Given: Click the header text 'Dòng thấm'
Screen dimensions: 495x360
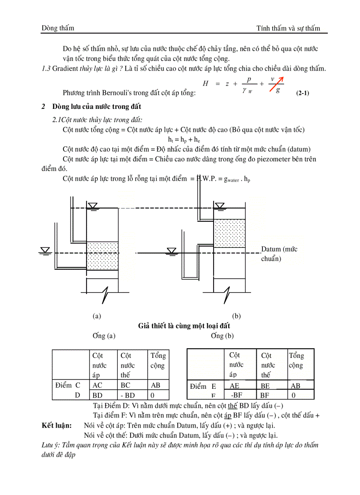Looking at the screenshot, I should point(58,28).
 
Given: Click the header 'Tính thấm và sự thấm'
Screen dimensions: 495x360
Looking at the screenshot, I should point(288,28).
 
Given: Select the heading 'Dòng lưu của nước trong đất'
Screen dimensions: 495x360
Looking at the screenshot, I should point(97,107).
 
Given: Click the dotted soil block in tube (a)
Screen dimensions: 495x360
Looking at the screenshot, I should point(102,256).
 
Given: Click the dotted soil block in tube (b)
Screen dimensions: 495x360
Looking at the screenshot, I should point(229,233).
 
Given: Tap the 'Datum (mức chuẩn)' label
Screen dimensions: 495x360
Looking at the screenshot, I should point(279,254).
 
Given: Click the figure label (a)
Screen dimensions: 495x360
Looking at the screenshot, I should point(97,316).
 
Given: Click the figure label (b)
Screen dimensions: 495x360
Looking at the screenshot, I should point(236,316).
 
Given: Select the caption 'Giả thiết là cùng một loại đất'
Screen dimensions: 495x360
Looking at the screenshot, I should point(184,326).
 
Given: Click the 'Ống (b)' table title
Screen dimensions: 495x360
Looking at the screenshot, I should point(222,336).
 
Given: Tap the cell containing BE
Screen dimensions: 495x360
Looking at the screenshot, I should point(265,385).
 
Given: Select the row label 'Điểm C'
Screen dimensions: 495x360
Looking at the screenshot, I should point(68,385).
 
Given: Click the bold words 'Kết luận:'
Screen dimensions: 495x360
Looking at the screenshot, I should point(56,426).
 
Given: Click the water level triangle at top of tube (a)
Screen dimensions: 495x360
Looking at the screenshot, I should point(93,206).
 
